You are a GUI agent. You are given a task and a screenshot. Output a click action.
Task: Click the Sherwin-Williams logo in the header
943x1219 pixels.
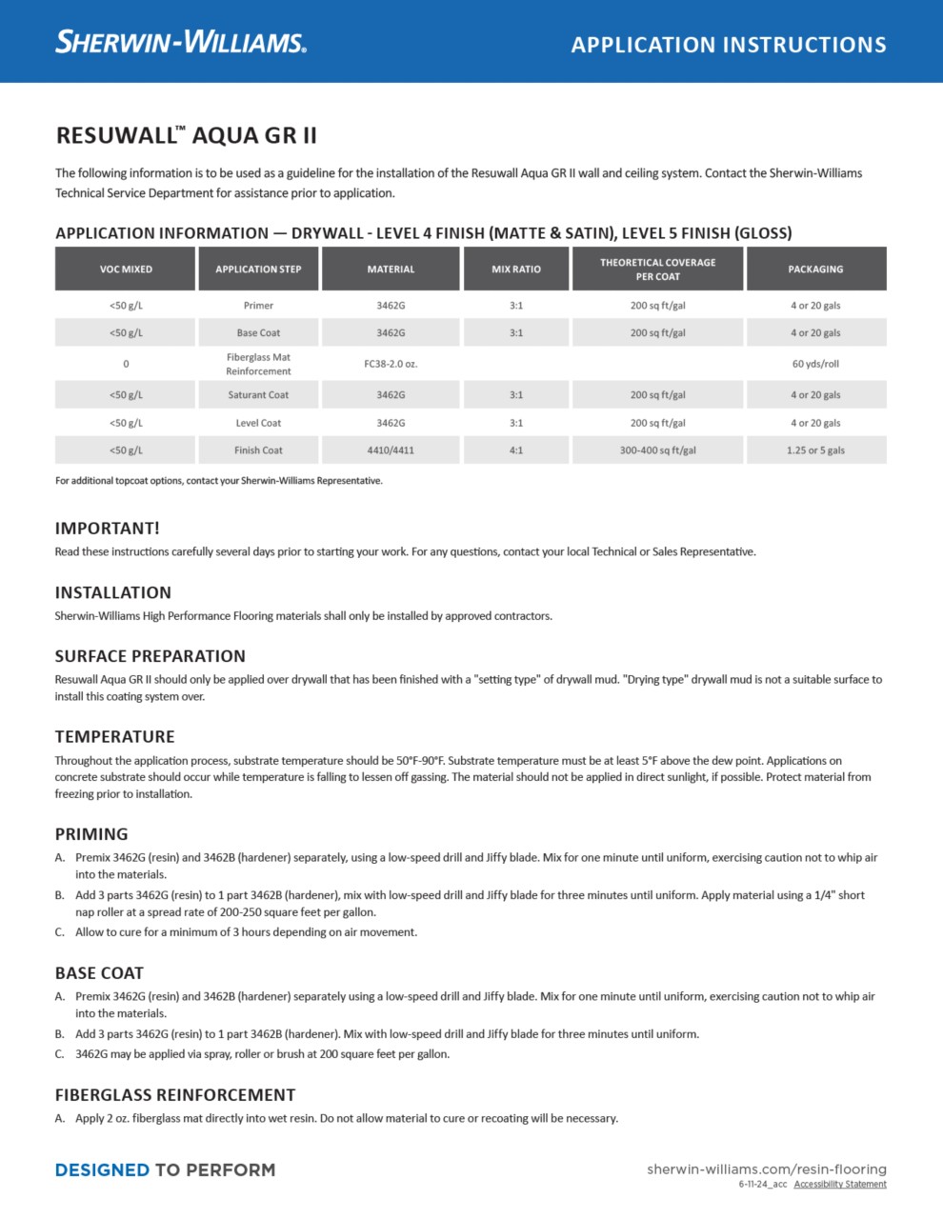pos(181,42)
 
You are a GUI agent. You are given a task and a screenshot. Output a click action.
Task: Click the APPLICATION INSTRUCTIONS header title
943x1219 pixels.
pos(729,45)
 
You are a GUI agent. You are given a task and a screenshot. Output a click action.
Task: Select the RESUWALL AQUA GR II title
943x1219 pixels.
pos(187,135)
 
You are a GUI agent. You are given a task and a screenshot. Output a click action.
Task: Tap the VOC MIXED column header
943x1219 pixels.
pos(126,270)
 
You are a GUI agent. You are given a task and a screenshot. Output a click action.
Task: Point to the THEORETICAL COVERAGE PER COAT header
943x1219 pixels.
pos(657,270)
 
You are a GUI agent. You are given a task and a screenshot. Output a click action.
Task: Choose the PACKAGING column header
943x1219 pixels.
pos(815,270)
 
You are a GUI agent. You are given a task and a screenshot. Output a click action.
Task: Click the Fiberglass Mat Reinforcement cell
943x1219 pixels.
pos(258,364)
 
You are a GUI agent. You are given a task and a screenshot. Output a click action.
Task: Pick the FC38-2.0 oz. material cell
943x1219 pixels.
pos(391,364)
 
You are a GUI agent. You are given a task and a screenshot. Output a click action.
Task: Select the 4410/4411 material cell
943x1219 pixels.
pos(391,450)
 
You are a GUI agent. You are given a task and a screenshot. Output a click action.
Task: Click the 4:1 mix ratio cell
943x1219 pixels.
pos(515,450)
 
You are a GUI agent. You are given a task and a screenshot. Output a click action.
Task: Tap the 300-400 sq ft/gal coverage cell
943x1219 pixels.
pos(657,450)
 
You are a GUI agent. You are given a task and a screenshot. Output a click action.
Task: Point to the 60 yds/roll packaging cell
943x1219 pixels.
pos(815,364)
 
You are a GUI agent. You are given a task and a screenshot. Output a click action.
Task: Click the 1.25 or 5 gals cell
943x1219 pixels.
pos(815,450)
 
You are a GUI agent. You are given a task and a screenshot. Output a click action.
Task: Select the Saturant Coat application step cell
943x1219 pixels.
pos(258,395)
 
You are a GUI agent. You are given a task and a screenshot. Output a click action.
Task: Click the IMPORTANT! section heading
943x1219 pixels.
pos(108,529)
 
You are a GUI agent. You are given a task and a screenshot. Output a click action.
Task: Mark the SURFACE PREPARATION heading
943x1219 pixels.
pos(150,656)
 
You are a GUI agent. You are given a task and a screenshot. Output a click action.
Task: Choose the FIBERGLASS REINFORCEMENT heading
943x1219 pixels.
pos(175,1095)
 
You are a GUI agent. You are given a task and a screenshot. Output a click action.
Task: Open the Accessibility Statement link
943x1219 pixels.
pos(840,1185)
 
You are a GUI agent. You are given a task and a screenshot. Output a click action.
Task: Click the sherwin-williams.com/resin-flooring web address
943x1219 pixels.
pos(766,1169)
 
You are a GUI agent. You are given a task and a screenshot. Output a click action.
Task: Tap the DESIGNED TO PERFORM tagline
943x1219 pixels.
pos(165,1170)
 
